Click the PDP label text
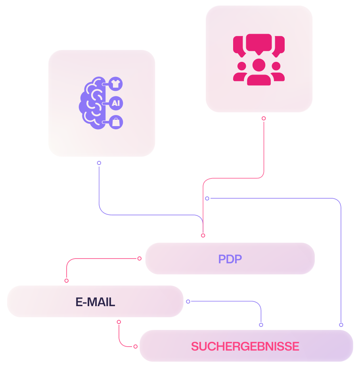(x=230, y=259)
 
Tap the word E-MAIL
(x=95, y=302)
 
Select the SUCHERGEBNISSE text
(x=245, y=346)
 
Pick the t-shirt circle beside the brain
(x=116, y=84)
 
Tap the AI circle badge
(x=116, y=103)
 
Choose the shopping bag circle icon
(x=116, y=122)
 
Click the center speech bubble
(x=259, y=44)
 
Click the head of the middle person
(x=259, y=65)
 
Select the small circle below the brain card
(x=99, y=163)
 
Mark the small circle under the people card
(x=264, y=118)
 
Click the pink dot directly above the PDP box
(x=203, y=235)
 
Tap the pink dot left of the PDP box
(x=140, y=259)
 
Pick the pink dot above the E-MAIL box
(x=67, y=280)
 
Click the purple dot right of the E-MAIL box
(x=188, y=301)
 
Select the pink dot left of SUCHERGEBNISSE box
(x=136, y=346)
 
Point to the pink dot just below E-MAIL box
(x=119, y=322)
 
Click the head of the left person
(x=242, y=66)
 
